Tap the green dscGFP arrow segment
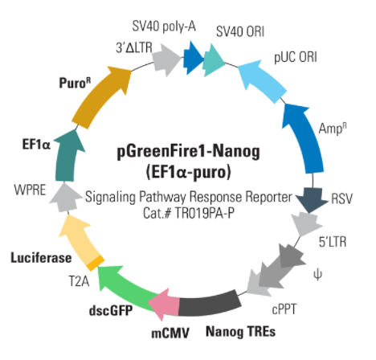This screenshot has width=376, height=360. pos(126,289)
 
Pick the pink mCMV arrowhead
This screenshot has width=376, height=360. pos(164,305)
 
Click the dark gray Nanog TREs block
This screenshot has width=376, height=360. pos(210,304)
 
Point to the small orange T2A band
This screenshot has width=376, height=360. pos(95,263)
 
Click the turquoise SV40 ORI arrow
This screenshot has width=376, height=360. pos(214,60)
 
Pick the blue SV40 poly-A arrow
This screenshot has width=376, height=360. pos(194,58)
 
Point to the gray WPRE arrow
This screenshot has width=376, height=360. pos(65,197)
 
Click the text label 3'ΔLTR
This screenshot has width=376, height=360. pos(134,47)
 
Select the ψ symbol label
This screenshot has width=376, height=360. pos(317,275)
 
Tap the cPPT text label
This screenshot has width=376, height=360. pos(284,309)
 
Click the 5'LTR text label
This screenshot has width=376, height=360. pos(333,242)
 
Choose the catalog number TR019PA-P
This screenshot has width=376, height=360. pos(205,214)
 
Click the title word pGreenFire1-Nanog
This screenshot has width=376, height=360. pos(189,152)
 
